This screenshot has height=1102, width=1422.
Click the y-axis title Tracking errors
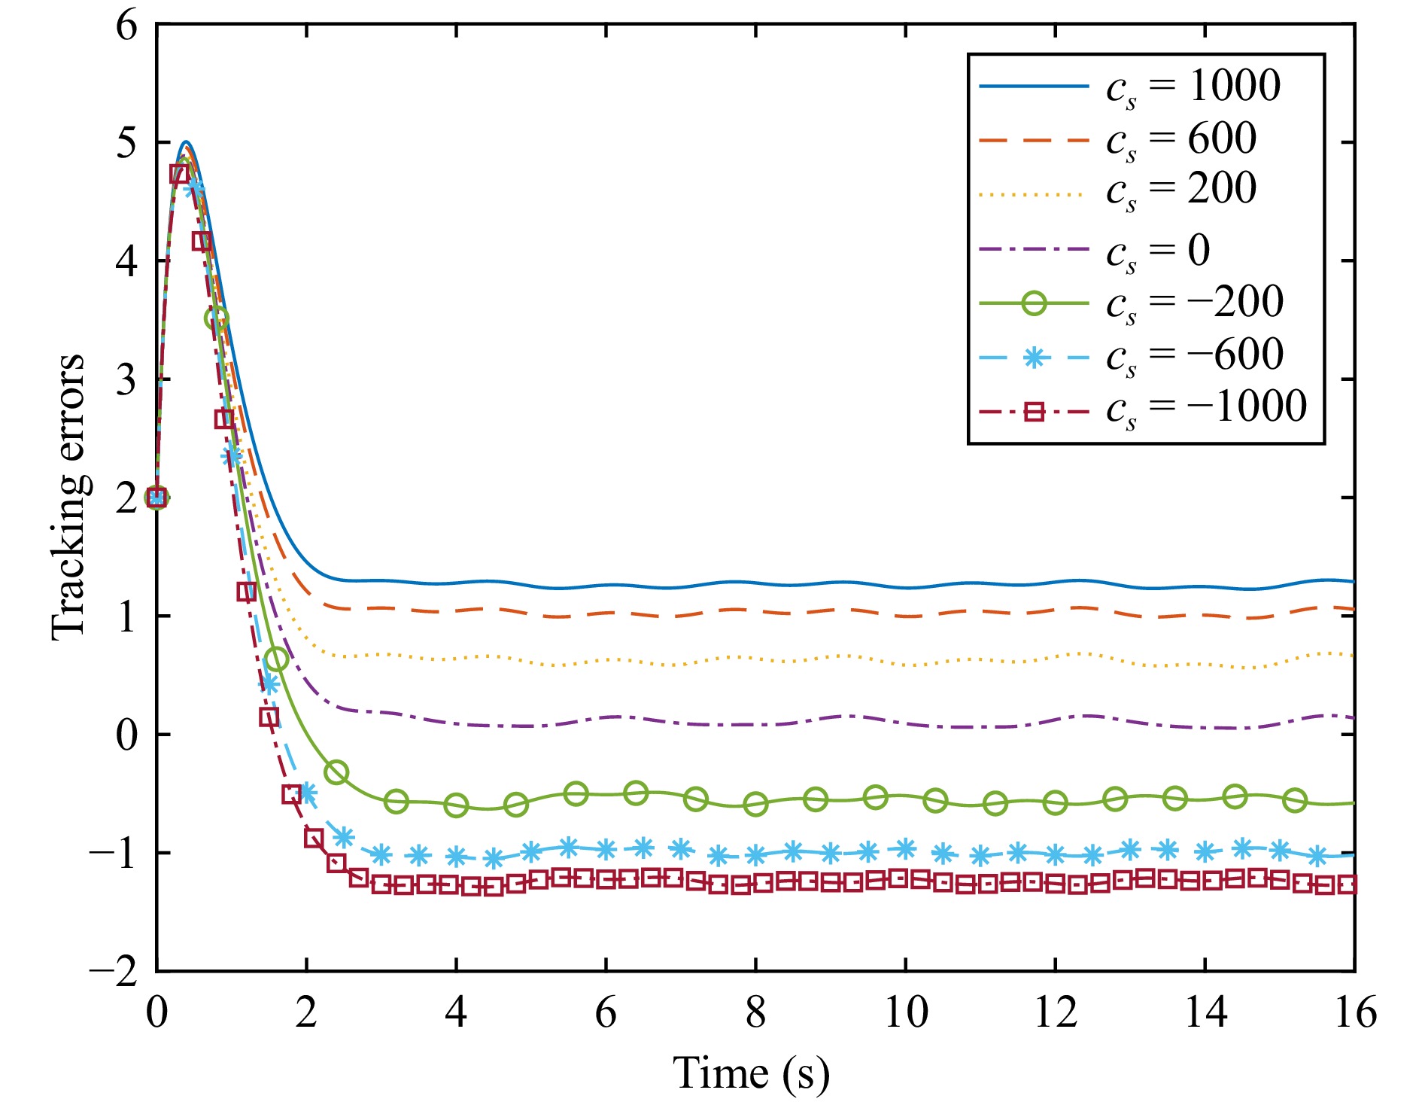pyautogui.click(x=69, y=497)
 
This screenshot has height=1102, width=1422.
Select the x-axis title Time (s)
pyautogui.click(x=751, y=1073)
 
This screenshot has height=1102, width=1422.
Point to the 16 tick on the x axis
pyautogui.click(x=1355, y=1012)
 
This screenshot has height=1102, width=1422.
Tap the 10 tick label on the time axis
pyautogui.click(x=905, y=1012)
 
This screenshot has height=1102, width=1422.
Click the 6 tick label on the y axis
pyautogui.click(x=126, y=26)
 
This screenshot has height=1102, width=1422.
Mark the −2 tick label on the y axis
pyautogui.click(x=114, y=971)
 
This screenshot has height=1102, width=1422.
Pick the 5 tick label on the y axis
pyautogui.click(x=126, y=143)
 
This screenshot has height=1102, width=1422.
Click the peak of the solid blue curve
pyautogui.click(x=186, y=142)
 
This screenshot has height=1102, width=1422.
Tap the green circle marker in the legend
pyautogui.click(x=1035, y=303)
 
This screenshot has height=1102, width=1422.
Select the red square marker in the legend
pyautogui.click(x=1035, y=411)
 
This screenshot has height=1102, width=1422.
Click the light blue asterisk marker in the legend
pyautogui.click(x=1035, y=357)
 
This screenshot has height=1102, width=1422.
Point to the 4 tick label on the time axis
pyautogui.click(x=456, y=1012)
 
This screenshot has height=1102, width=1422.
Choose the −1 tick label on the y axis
pyautogui.click(x=114, y=853)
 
